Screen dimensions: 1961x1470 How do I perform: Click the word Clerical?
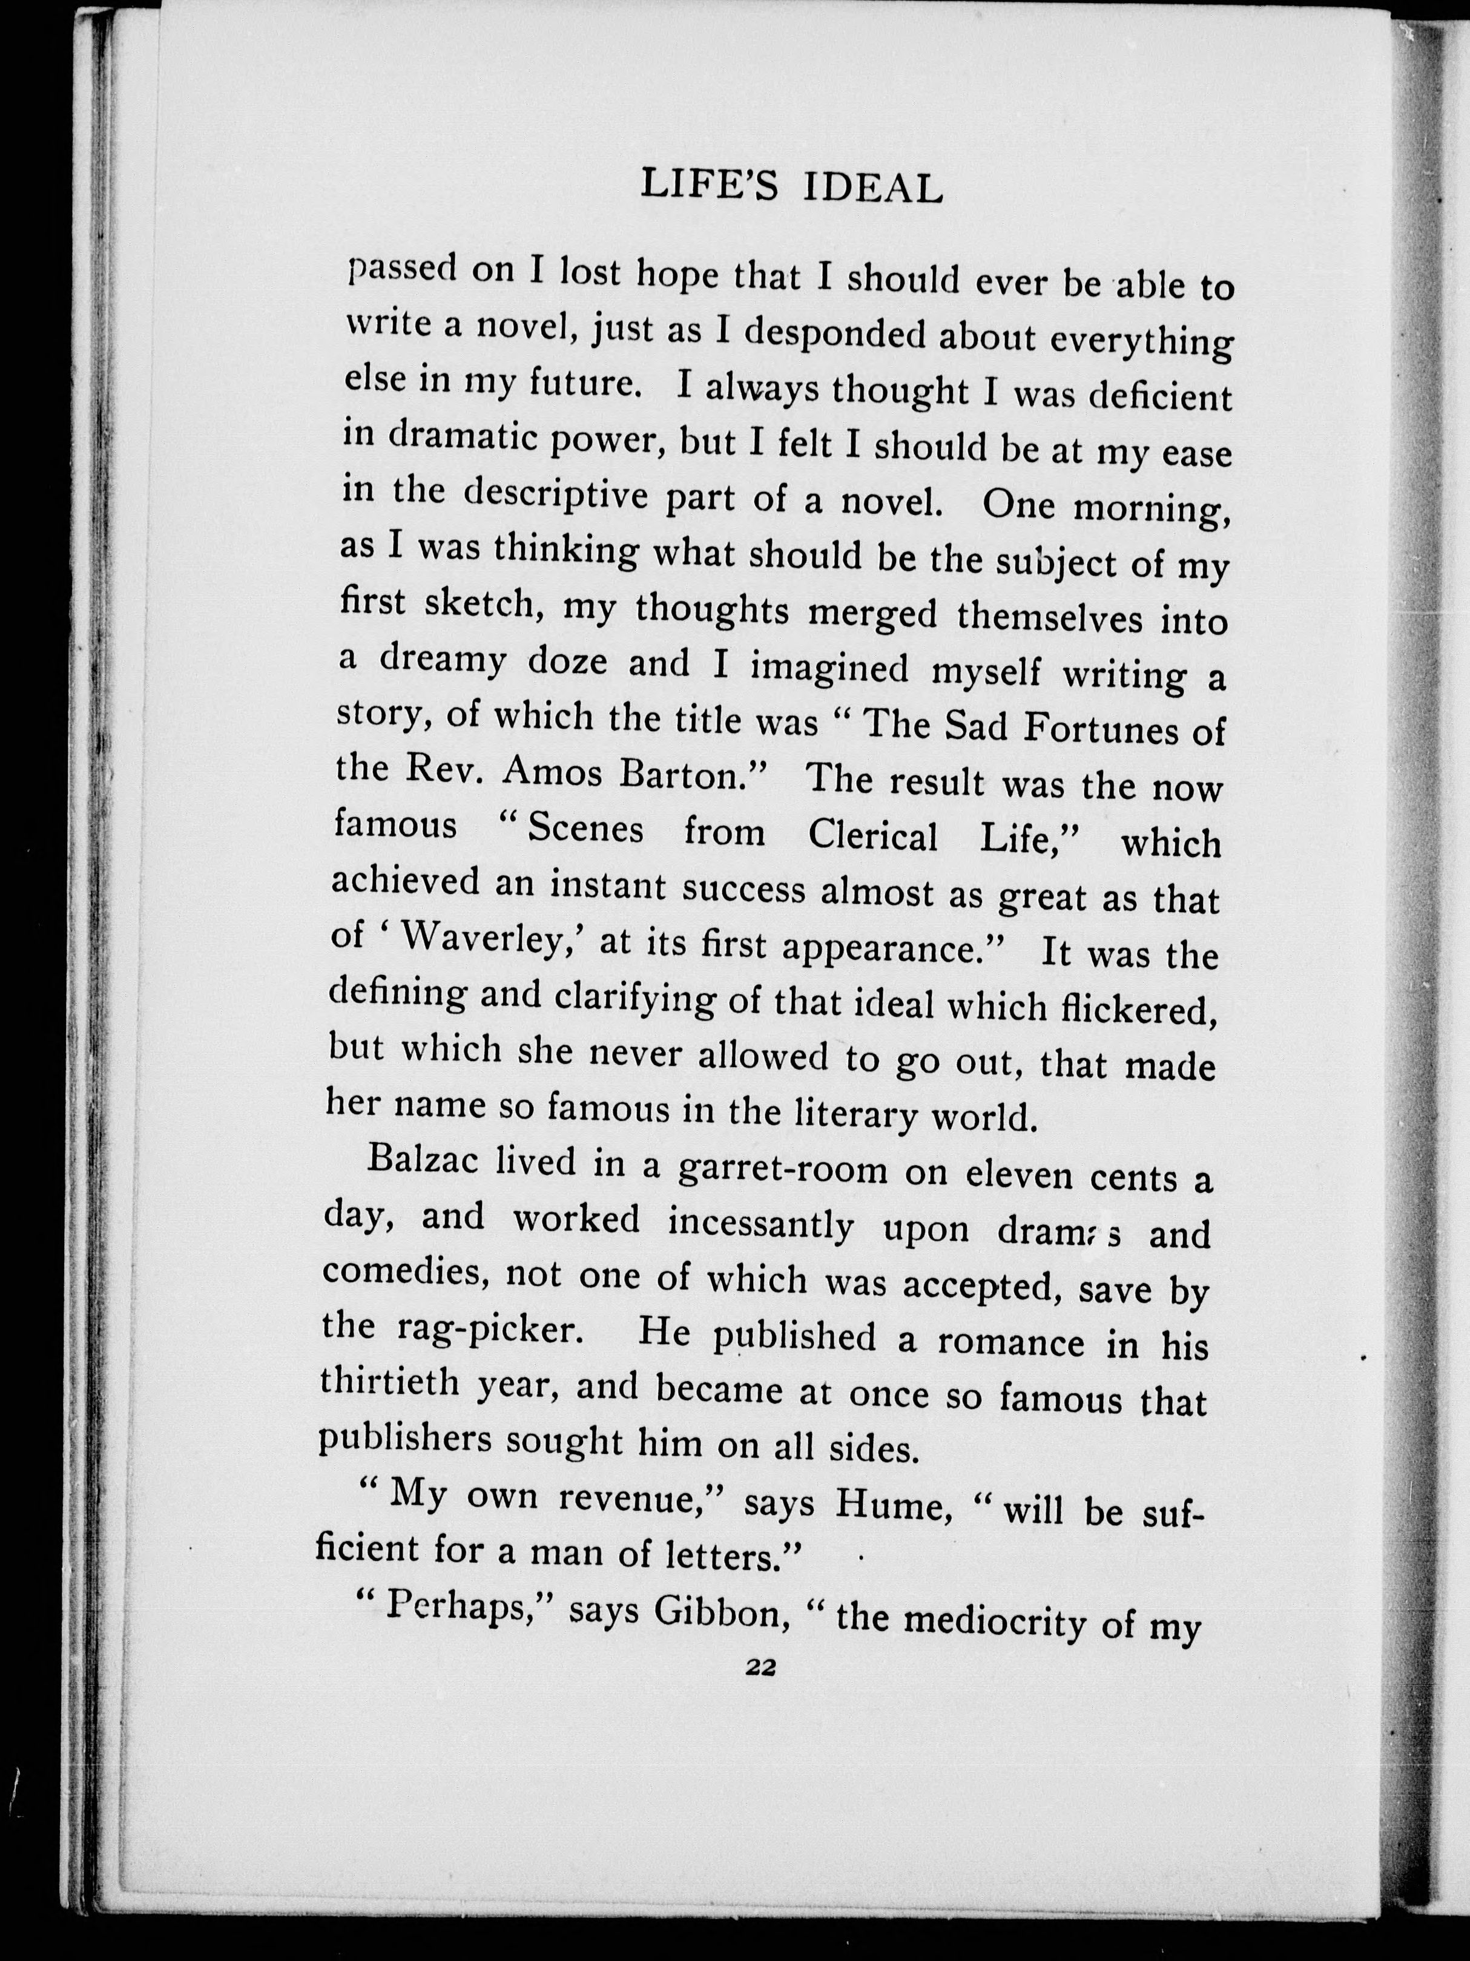click(x=872, y=835)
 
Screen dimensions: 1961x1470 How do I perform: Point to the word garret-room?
click(x=782, y=1169)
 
